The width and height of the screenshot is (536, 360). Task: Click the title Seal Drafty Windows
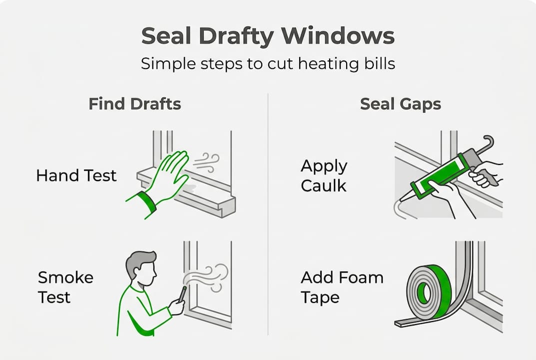[268, 36]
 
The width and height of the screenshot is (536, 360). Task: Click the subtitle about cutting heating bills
[268, 64]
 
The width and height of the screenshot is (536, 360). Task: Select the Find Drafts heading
[134, 104]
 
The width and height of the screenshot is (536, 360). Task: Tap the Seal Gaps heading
[401, 104]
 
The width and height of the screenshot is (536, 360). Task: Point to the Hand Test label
[76, 175]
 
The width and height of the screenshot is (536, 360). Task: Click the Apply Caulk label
[324, 175]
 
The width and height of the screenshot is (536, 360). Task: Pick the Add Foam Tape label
[342, 287]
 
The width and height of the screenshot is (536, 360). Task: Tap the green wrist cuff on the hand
[146, 202]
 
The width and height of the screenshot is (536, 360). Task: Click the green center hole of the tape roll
[424, 293]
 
